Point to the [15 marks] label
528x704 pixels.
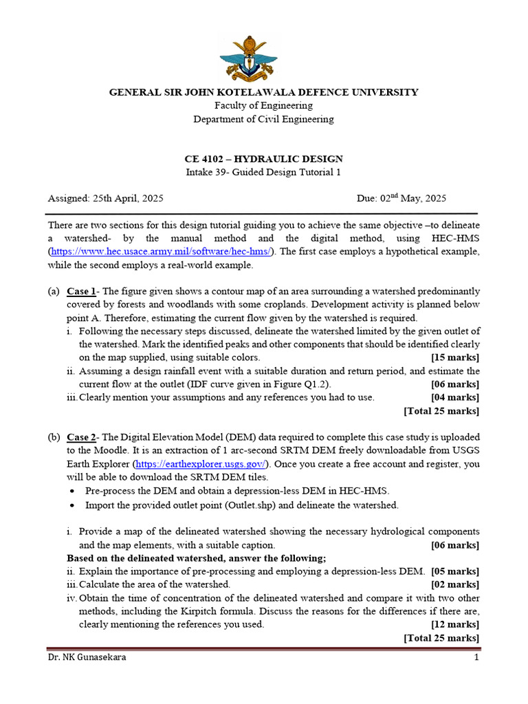[x=455, y=357]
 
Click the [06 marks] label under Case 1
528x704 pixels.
[x=455, y=384]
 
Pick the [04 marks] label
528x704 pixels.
[x=455, y=397]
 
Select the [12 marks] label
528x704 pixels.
[x=455, y=624]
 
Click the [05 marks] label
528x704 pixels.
[x=455, y=571]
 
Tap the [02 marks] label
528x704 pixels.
[x=455, y=584]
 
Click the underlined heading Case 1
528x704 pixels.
[x=81, y=291]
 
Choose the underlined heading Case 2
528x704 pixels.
[x=82, y=438]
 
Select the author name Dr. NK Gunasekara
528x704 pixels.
[x=87, y=657]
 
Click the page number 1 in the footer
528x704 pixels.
[x=476, y=657]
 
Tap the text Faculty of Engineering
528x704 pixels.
[x=263, y=106]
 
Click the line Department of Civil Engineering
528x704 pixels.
[x=263, y=119]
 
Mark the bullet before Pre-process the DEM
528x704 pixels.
[x=74, y=492]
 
